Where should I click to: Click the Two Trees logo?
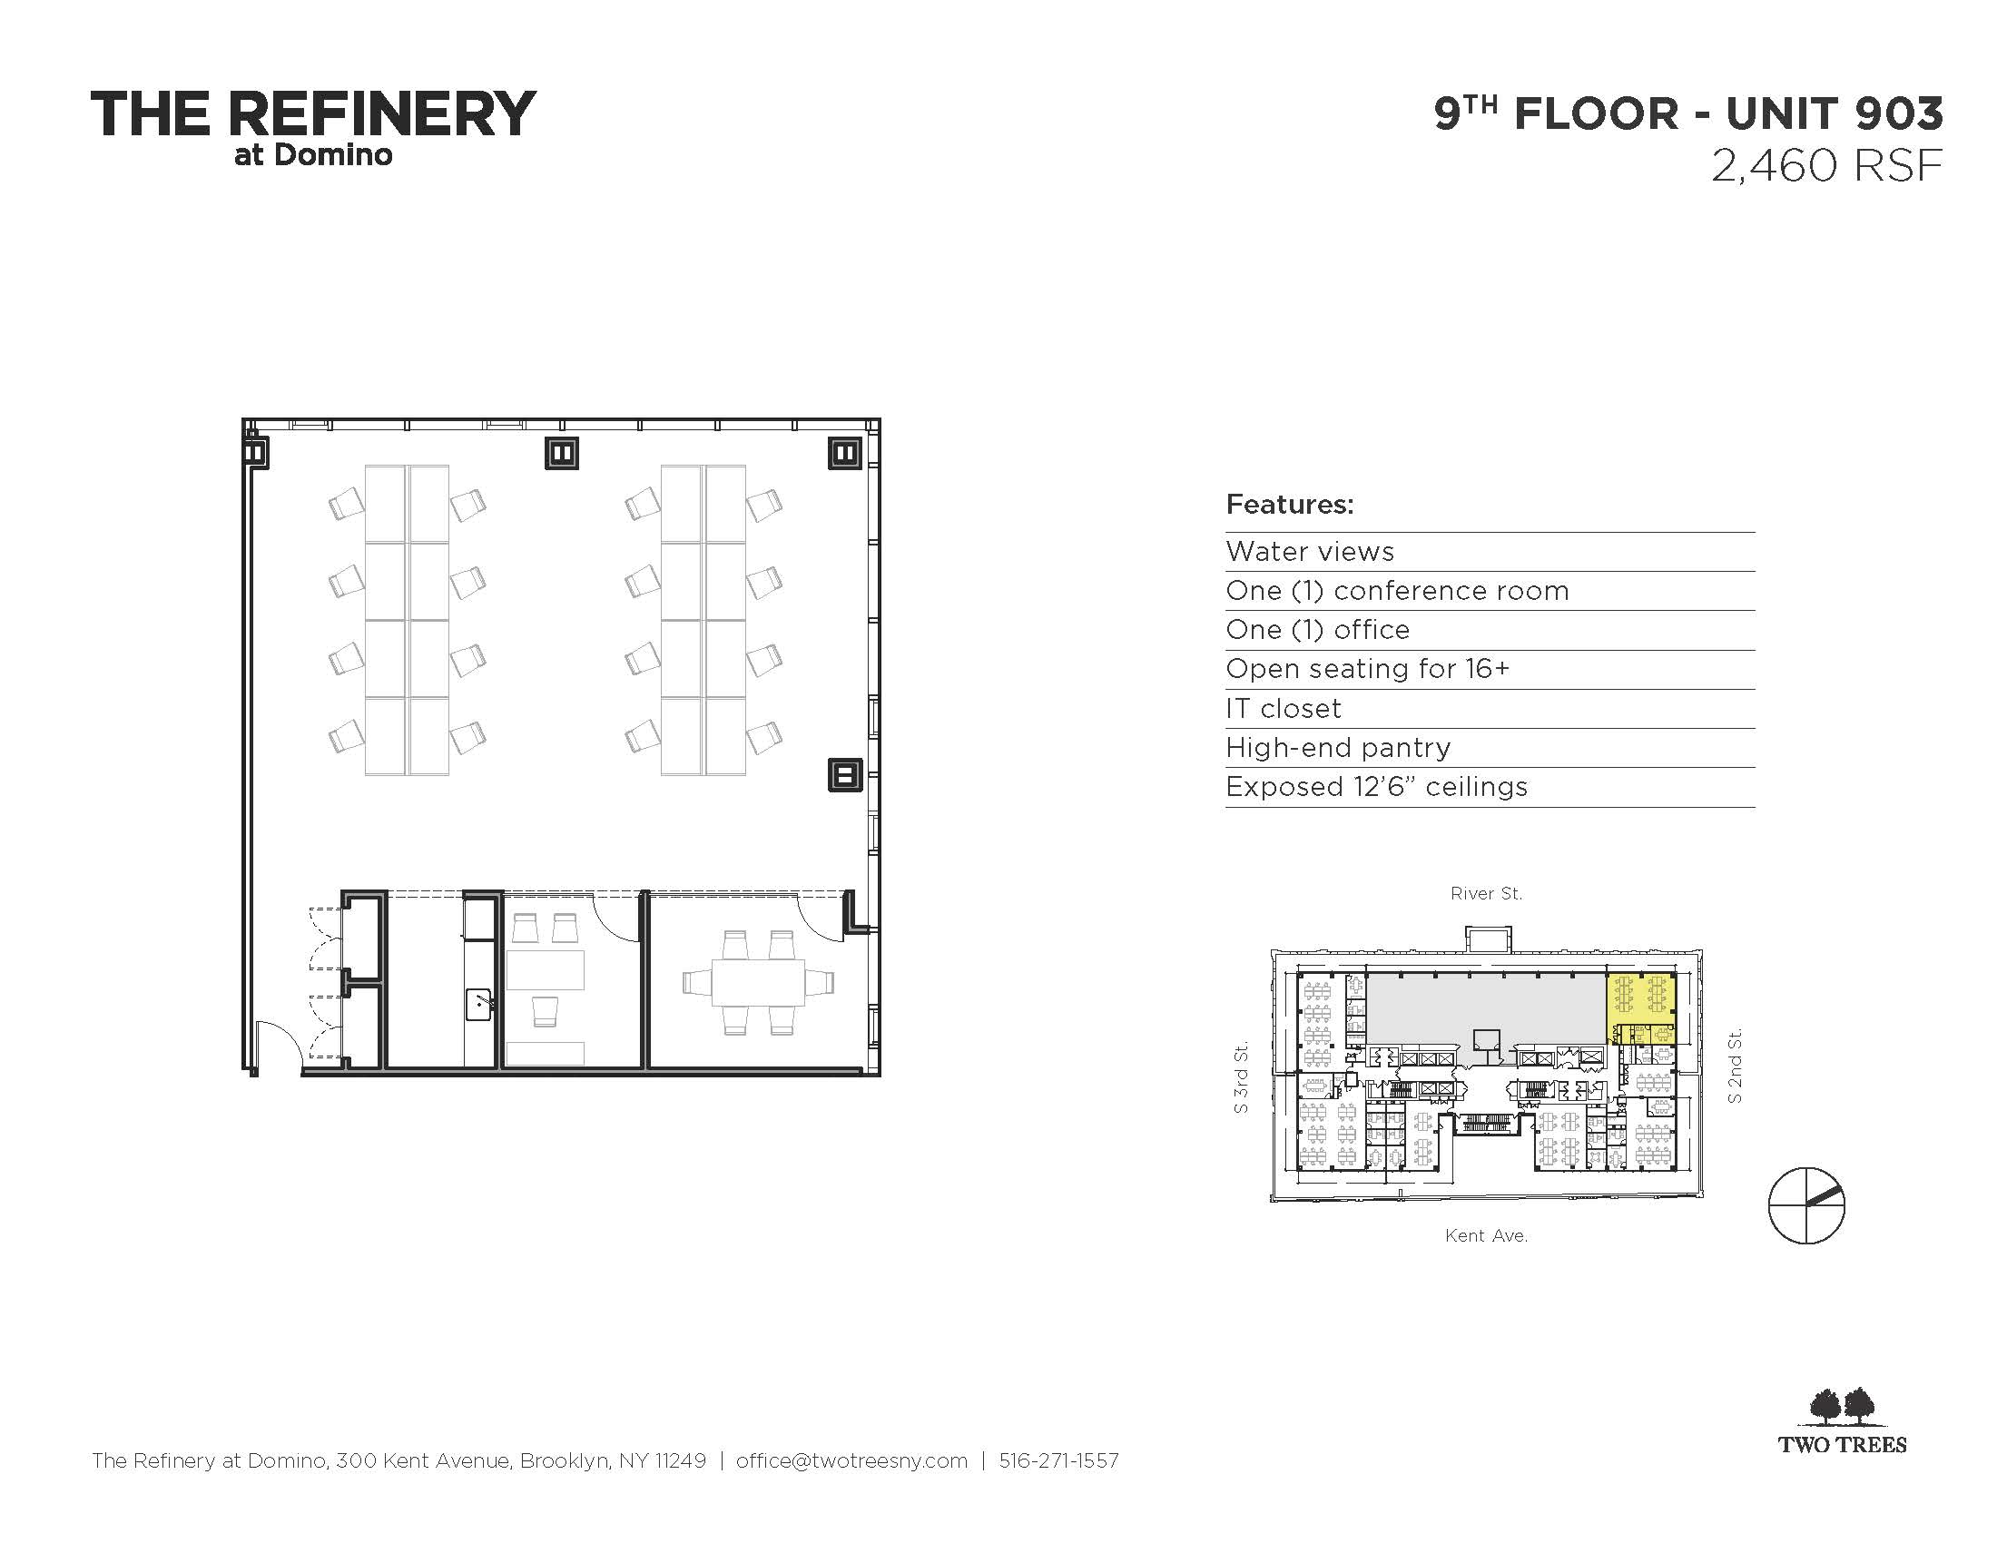point(1842,1420)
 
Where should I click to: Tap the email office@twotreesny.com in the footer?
point(851,1460)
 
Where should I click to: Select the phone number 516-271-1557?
point(1058,1460)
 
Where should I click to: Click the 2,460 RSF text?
point(1826,166)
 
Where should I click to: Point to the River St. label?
point(1486,893)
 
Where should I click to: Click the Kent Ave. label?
point(1486,1236)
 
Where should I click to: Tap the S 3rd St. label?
point(1241,1078)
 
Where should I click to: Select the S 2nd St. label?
point(1735,1066)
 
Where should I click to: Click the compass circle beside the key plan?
point(1805,1205)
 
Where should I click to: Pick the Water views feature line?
point(1309,551)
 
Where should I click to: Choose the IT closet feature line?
point(1283,709)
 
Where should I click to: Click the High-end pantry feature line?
point(1338,748)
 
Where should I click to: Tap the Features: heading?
point(1289,504)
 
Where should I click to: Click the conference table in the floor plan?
point(758,983)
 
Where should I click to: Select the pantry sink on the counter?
point(481,1005)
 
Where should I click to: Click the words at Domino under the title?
point(313,154)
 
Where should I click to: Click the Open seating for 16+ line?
point(1368,669)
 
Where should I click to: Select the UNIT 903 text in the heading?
point(1835,114)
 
